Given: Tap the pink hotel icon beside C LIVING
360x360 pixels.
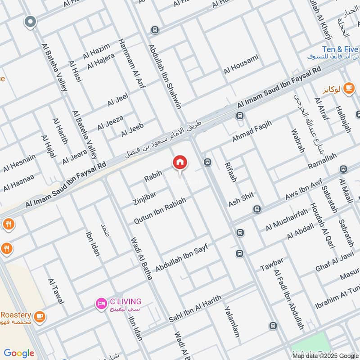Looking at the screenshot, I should tap(101, 305).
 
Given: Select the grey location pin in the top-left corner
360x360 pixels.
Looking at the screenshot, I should tap(30, 21).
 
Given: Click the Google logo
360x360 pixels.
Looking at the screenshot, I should tap(19, 353).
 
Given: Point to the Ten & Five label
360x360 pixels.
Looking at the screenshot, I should tap(340, 49).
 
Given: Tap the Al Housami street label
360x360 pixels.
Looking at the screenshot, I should tap(241, 64).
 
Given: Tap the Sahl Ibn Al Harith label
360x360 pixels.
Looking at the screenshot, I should tap(195, 309).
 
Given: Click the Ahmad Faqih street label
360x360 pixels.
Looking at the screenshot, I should tap(252, 132).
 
